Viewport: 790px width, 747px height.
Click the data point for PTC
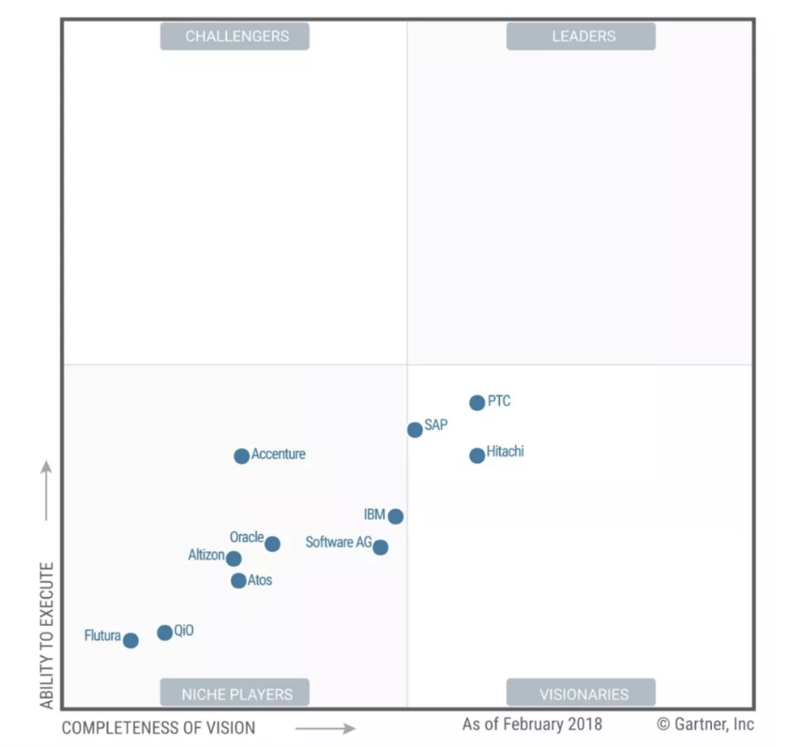[x=477, y=403]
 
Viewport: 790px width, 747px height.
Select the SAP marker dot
[x=415, y=430]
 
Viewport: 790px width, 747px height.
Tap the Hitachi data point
[x=477, y=456]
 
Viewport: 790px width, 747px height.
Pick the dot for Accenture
[x=241, y=456]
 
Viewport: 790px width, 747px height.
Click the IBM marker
[x=395, y=516]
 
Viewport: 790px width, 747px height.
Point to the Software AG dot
[x=381, y=547]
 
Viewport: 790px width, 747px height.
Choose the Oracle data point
[x=272, y=544]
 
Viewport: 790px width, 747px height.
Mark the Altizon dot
[x=233, y=558]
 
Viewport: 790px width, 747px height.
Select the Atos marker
[x=238, y=581]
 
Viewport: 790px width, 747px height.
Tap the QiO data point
[x=164, y=633]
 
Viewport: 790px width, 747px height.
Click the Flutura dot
[x=130, y=640]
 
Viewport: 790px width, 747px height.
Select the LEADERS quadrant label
[x=583, y=37]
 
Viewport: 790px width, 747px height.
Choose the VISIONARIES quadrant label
[x=583, y=693]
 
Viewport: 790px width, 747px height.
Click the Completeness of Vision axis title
[x=158, y=728]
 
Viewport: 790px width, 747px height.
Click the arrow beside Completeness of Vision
[x=324, y=728]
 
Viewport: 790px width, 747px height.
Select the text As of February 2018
[x=532, y=724]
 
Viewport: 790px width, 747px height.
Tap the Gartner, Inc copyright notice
[x=705, y=724]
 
